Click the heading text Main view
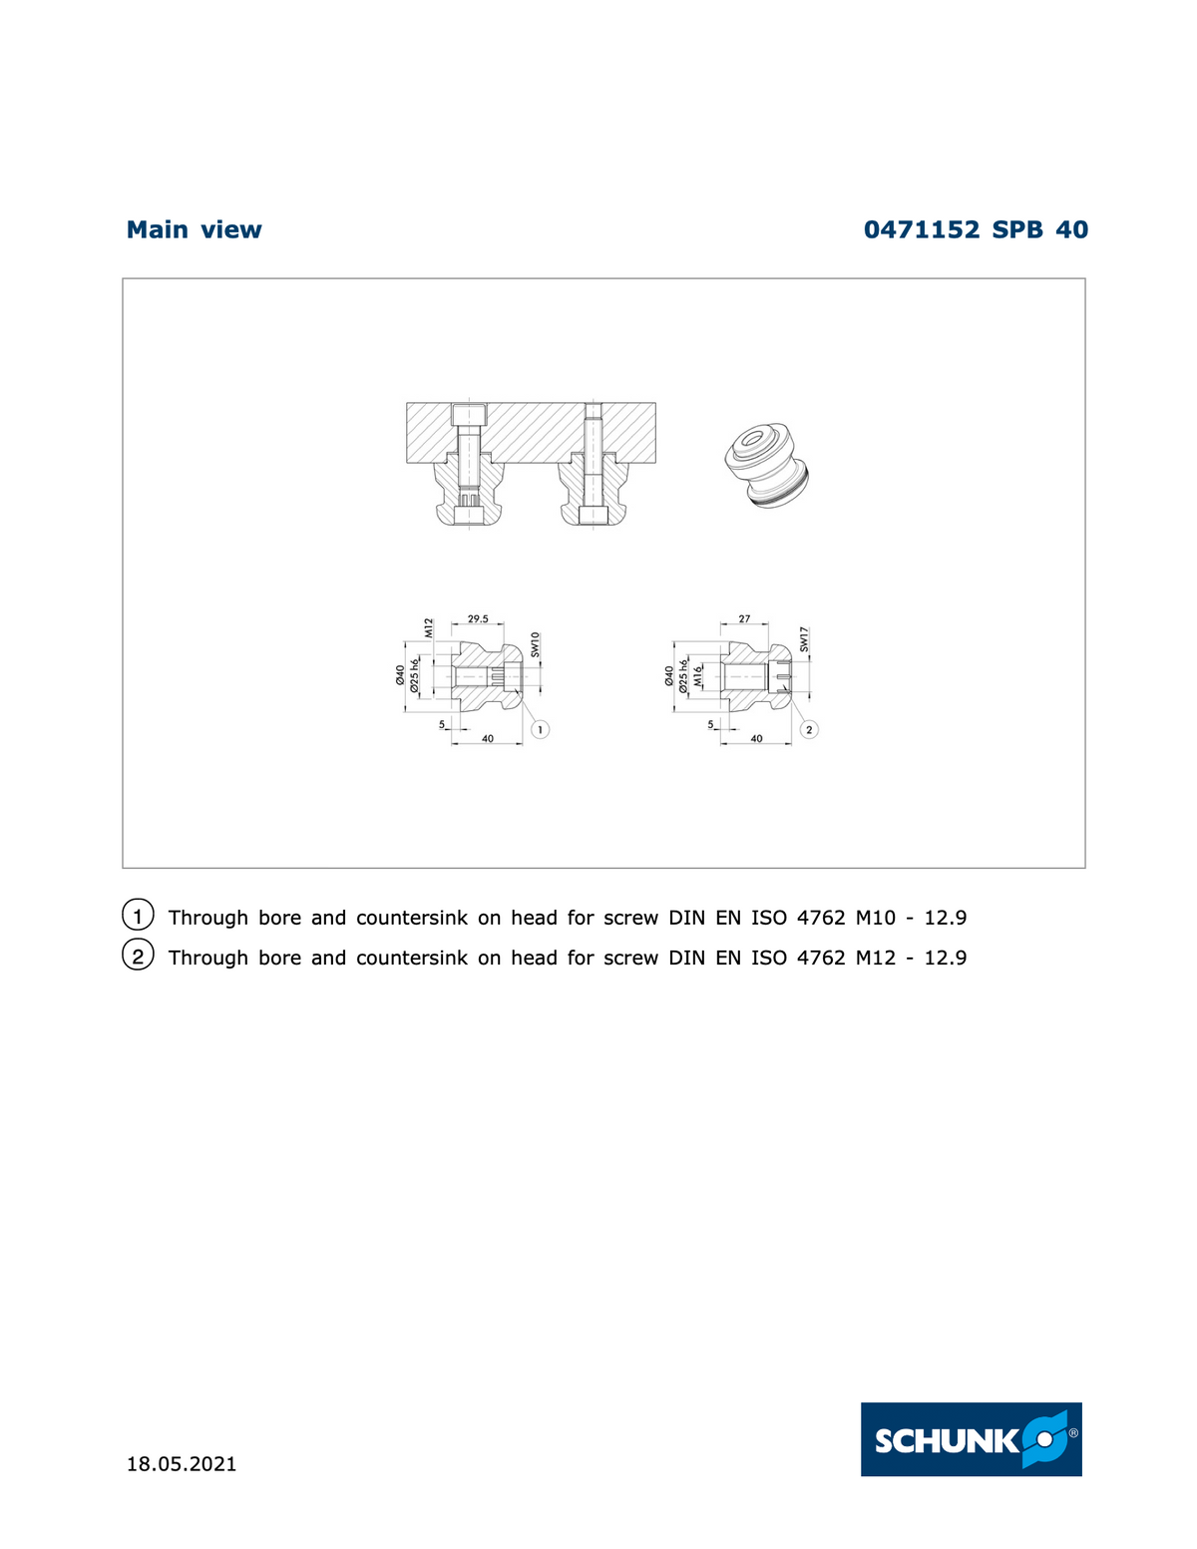[194, 230]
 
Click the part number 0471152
[921, 230]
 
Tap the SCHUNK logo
[971, 1439]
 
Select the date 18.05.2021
[182, 1464]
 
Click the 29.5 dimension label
[478, 618]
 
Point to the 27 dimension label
[744, 618]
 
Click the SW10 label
[535, 643]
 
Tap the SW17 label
[804, 639]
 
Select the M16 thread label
[698, 676]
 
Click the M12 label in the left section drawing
[429, 627]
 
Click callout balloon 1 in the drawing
[540, 730]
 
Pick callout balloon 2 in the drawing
[809, 730]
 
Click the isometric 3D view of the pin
[768, 465]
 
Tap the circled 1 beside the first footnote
[138, 915]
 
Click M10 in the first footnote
[876, 918]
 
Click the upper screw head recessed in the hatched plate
[468, 414]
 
